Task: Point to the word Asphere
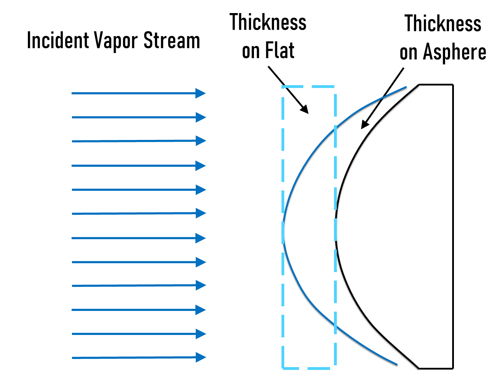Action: click(x=455, y=53)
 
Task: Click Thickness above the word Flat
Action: click(x=268, y=22)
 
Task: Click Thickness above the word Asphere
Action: click(x=443, y=24)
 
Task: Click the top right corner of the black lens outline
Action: click(x=453, y=85)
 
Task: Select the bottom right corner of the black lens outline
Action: click(x=453, y=369)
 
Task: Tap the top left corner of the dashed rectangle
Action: click(x=283, y=87)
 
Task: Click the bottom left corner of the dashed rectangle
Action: click(x=283, y=369)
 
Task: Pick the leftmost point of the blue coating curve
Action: click(x=284, y=231)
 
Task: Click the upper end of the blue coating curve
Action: click(x=406, y=87)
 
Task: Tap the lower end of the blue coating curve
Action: click(x=397, y=365)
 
